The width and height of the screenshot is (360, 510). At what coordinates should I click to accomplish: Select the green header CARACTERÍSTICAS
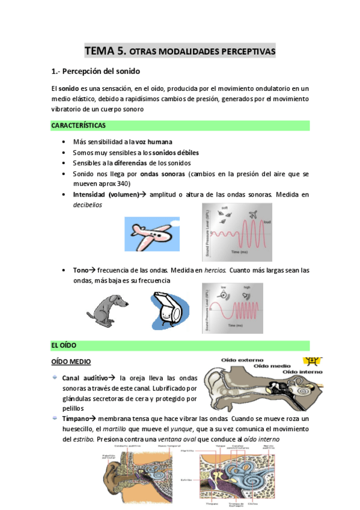[x=79, y=126]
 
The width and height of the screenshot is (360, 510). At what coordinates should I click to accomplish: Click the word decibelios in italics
[x=87, y=204]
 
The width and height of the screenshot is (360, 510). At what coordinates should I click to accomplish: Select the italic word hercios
[x=215, y=270]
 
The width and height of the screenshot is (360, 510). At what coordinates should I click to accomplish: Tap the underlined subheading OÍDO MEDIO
[x=71, y=362]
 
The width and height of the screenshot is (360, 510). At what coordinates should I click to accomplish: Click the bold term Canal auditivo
[x=84, y=378]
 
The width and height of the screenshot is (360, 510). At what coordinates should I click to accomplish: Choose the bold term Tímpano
[x=76, y=418]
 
